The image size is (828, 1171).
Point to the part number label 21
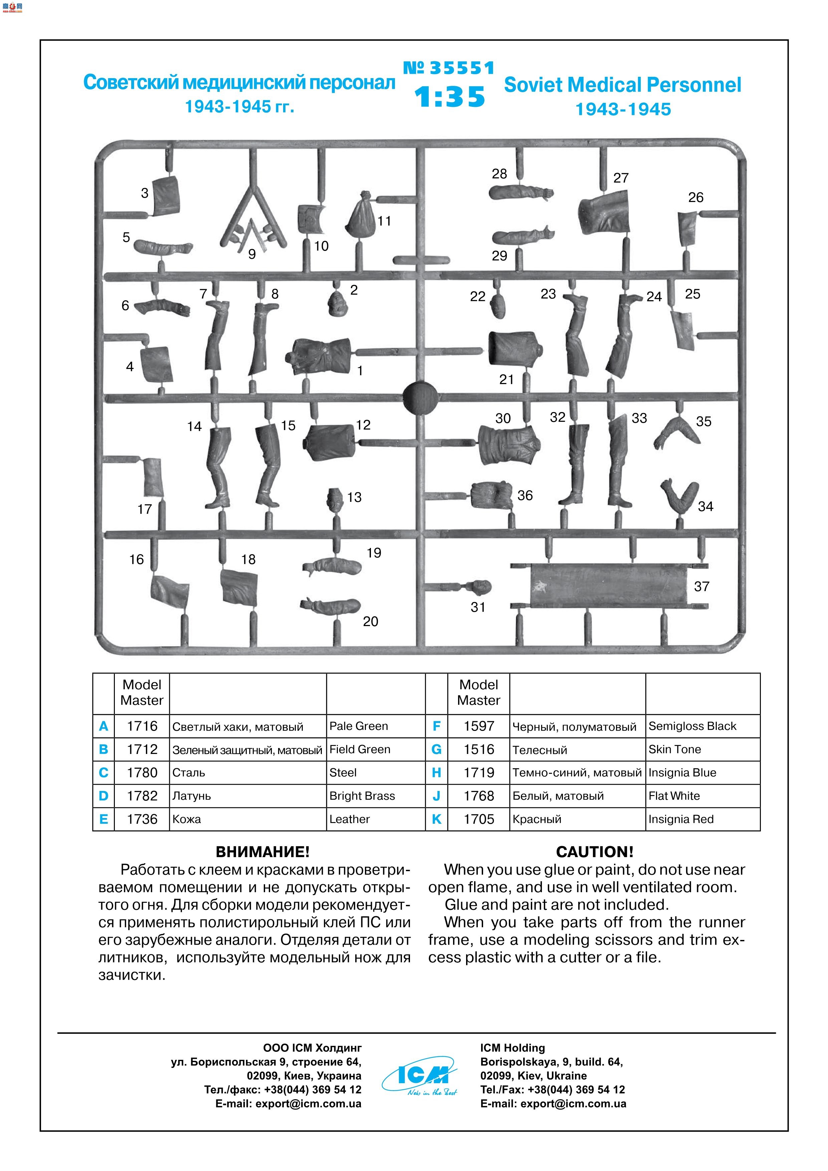point(506,379)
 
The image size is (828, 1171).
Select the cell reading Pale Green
point(359,726)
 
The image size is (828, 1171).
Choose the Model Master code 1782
point(142,796)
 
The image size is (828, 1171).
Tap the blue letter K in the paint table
point(436,819)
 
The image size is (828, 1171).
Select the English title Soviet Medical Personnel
point(623,85)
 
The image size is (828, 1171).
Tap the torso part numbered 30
point(509,445)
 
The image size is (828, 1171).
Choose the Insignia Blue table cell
point(682,773)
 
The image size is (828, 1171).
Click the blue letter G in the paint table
point(436,749)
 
